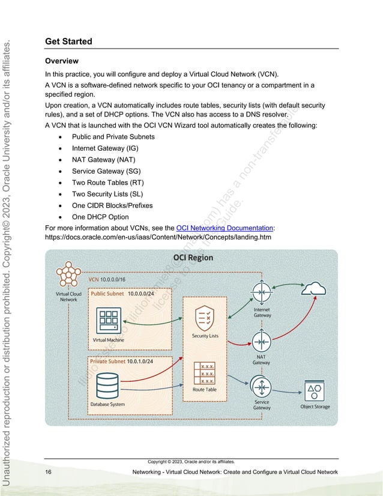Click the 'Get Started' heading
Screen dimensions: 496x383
coord(68,41)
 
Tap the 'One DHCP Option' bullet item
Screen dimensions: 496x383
coord(100,217)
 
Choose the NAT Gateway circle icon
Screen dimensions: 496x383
coord(261,342)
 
